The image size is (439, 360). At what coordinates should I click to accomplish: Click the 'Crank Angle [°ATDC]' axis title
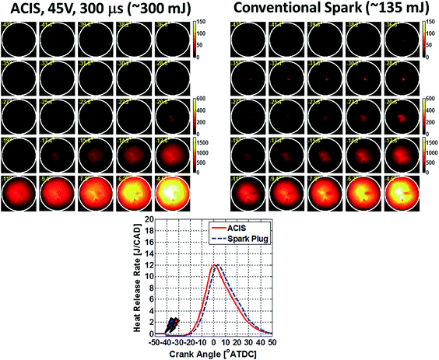[x=215, y=351]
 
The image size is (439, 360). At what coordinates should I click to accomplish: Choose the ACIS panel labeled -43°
[x=19, y=38]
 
